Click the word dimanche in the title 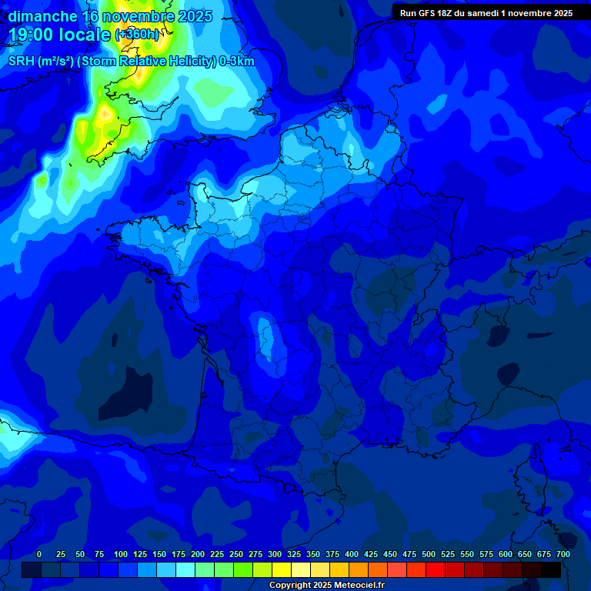(x=42, y=16)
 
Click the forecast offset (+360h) (x=138, y=35)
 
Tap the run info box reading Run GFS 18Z (x=486, y=13)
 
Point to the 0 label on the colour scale (x=39, y=554)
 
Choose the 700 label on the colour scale (x=563, y=554)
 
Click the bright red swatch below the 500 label (x=436, y=569)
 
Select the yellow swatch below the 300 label (x=282, y=569)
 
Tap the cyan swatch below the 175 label (x=185, y=569)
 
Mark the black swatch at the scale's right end (x=551, y=569)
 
